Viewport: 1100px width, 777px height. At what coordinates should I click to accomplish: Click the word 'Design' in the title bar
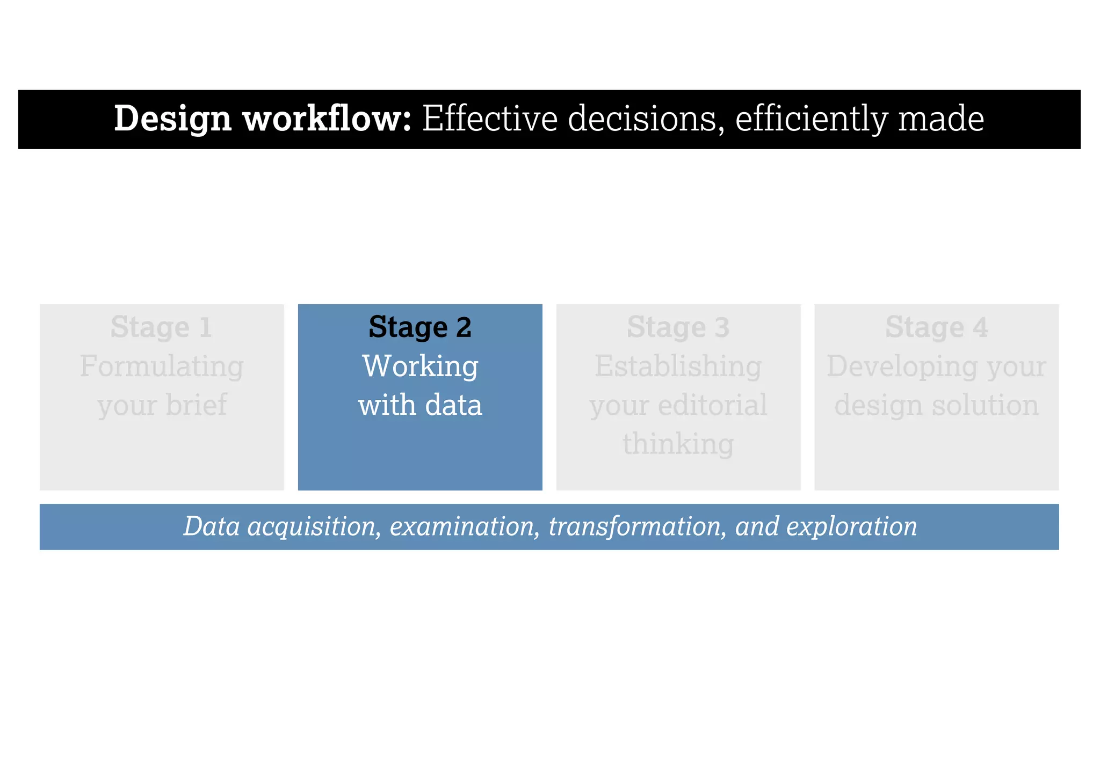tap(172, 119)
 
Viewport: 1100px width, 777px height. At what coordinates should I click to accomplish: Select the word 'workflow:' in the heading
tap(327, 119)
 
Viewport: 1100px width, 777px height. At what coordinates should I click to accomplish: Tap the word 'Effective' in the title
tap(490, 119)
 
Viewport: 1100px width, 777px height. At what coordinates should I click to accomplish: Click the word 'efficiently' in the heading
tap(811, 119)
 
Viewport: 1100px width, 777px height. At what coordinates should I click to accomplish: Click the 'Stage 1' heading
tap(161, 327)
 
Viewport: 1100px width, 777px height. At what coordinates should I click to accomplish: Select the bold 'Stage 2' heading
tap(420, 327)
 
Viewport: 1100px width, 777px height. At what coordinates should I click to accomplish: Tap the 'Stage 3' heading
tap(678, 327)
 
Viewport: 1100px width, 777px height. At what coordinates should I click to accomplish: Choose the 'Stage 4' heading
tap(936, 327)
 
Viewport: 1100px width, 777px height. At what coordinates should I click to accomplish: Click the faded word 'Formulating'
tap(162, 367)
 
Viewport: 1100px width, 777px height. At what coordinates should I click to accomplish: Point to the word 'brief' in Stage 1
tap(196, 405)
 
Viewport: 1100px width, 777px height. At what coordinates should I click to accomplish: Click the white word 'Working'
tap(420, 367)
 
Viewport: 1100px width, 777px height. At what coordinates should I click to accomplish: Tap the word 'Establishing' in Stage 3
tap(678, 367)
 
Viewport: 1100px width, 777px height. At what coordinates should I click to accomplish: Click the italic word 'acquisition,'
tap(314, 527)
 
